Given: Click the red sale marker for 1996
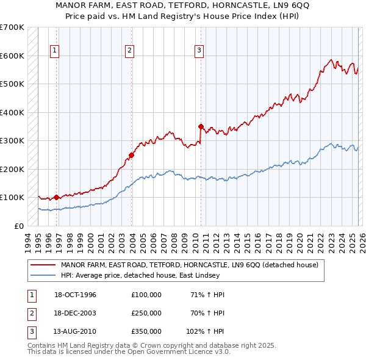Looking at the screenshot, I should click(57, 197).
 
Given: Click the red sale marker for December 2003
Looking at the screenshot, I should click(131, 155).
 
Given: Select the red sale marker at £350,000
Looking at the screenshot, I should click(201, 126).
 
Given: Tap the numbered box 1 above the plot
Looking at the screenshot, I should click(55, 51).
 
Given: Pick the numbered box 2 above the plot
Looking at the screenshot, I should click(130, 51).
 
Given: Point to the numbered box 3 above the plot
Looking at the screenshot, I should click(199, 51).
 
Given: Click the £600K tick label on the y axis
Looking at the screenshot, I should click(12, 56).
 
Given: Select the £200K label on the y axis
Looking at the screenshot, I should click(12, 169).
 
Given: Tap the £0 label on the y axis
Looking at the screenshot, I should click(19, 226).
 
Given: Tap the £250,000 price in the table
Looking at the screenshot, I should click(146, 313).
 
